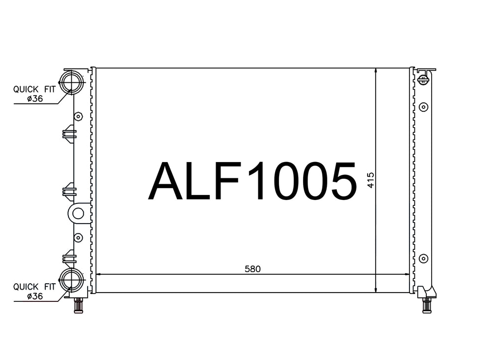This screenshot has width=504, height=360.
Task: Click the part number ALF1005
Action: [252, 181]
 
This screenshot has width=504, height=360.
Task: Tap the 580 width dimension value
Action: [252, 269]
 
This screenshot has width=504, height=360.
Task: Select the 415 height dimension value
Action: [371, 180]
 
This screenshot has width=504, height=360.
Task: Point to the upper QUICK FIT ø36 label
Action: [34, 94]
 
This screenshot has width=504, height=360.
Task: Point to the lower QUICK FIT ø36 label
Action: [34, 291]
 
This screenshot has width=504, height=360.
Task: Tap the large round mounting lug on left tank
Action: [78, 213]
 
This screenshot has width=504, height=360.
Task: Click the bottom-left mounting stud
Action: [78, 305]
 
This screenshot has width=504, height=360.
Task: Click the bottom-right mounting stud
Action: [427, 305]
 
